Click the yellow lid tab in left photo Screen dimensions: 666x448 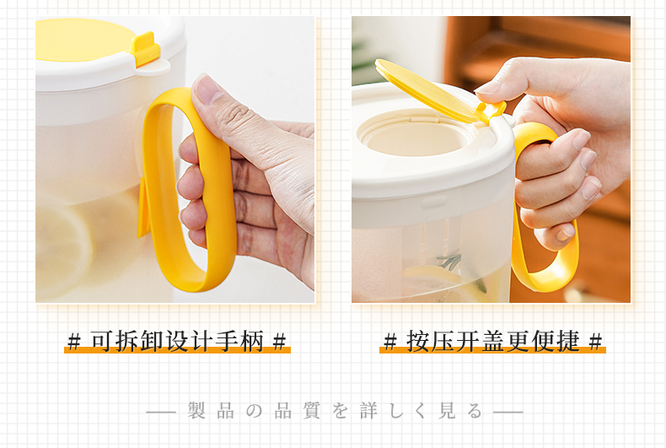145,49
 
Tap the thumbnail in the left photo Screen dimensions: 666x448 208,89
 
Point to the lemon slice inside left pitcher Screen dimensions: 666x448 64,251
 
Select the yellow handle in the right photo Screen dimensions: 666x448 545,208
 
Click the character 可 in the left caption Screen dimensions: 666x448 103,341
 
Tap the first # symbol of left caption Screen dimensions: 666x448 74,342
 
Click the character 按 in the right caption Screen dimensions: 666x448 418,341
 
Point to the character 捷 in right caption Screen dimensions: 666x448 568,341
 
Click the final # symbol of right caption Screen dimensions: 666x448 596,342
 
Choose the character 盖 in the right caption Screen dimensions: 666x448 493,341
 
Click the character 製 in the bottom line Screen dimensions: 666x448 196,411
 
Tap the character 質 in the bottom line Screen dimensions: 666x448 311,411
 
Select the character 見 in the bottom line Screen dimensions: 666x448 448,411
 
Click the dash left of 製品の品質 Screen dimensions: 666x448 161,412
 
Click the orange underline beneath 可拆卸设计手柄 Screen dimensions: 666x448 177,350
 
